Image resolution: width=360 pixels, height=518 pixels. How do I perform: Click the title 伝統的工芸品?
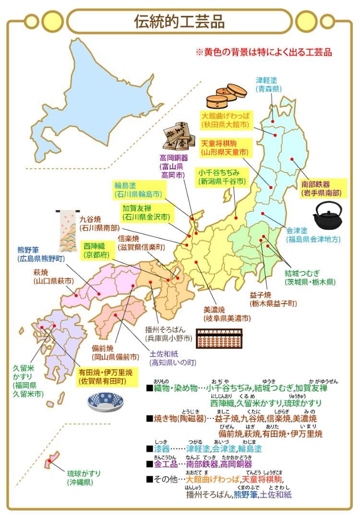tap(180, 21)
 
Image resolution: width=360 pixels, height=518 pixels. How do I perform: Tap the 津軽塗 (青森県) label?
tap(268, 84)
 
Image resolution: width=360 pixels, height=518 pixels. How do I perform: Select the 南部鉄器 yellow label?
tap(321, 188)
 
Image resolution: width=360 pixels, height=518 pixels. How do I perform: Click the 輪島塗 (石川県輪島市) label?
tap(137, 189)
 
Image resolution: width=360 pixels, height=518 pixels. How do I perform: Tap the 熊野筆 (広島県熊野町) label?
tap(40, 254)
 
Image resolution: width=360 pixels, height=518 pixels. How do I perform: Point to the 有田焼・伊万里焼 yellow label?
tap(106, 377)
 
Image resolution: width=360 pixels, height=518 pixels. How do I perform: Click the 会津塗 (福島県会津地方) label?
tap(312, 234)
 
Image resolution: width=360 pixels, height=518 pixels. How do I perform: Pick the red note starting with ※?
tap(264, 52)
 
